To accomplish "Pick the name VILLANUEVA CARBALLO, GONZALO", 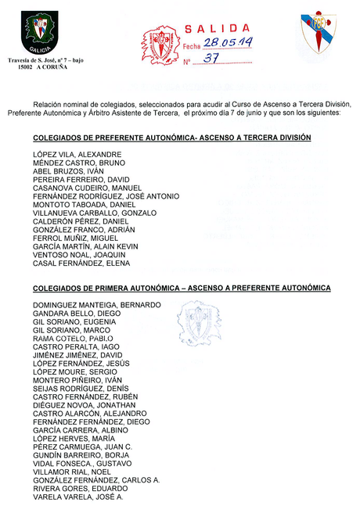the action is click(x=95, y=213).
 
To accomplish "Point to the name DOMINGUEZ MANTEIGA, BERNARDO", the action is click(x=97, y=304).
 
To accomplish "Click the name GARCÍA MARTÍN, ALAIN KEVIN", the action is click(x=86, y=246).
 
